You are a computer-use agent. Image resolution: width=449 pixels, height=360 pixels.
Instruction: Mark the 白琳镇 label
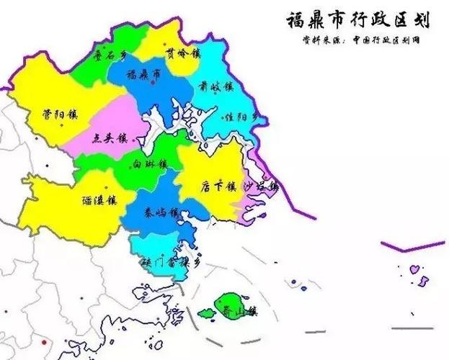150,164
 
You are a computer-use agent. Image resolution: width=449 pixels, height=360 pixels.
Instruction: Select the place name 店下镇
218,186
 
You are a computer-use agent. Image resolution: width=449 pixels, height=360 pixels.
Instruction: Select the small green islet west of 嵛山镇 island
207,314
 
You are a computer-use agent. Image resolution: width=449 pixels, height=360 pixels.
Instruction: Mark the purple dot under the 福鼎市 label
154,84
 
